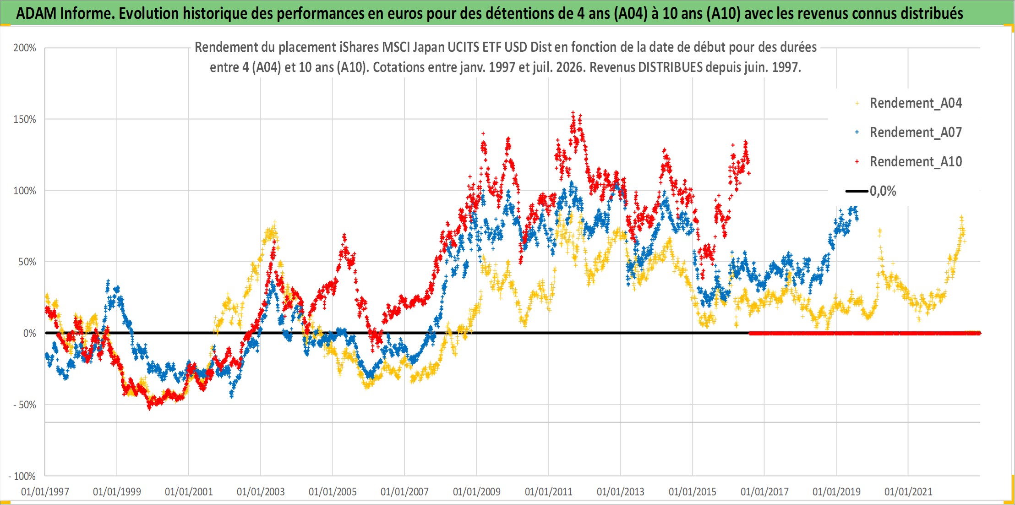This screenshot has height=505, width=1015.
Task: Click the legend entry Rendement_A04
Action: point(916,103)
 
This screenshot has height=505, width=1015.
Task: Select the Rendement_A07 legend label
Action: point(916,132)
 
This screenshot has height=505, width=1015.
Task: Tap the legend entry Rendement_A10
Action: point(916,162)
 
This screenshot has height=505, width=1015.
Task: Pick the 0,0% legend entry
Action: point(883,191)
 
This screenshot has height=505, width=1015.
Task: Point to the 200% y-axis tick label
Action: point(25,48)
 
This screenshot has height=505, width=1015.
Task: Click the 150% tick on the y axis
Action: point(25,119)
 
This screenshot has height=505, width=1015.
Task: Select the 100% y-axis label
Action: point(25,191)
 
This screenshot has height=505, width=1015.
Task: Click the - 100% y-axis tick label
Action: point(22,476)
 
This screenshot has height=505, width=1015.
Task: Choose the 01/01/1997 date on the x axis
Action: point(45,492)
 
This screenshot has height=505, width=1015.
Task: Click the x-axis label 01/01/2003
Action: point(261,492)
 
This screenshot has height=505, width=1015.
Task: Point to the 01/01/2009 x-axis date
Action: point(477,492)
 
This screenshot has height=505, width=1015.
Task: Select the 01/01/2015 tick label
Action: point(693,492)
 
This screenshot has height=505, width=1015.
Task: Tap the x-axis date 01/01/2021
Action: point(908,492)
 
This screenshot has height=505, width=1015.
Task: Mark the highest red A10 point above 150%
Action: point(573,112)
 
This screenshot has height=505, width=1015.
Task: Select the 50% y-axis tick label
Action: point(27,262)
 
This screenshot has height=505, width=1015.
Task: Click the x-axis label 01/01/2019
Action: point(836,492)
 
